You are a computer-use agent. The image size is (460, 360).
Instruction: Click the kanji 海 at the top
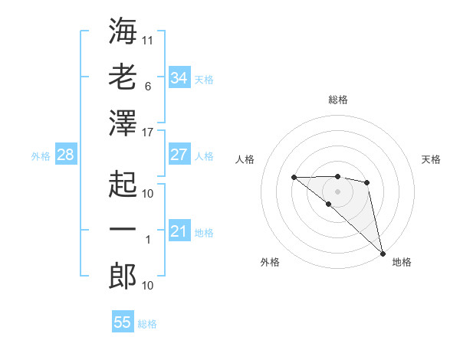coord(123,31)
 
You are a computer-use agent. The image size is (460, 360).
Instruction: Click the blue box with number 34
coord(179,77)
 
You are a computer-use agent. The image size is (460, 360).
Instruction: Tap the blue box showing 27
coord(179,155)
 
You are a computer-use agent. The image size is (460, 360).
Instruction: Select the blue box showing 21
coord(179,231)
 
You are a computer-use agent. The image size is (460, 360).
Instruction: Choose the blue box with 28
coord(65,155)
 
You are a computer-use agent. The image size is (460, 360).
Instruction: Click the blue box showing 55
coord(123,322)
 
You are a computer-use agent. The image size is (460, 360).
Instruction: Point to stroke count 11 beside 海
coord(148,40)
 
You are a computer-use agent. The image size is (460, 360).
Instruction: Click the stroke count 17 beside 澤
coord(148,133)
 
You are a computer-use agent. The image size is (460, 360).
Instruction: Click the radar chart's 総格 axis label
coord(338,100)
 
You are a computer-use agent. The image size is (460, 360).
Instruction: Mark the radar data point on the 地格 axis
coord(383,253)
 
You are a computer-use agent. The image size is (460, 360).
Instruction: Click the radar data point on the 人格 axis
coord(294,178)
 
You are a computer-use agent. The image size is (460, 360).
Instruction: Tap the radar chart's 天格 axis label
coord(431,159)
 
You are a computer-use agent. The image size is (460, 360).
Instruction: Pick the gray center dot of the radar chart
coord(337,191)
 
